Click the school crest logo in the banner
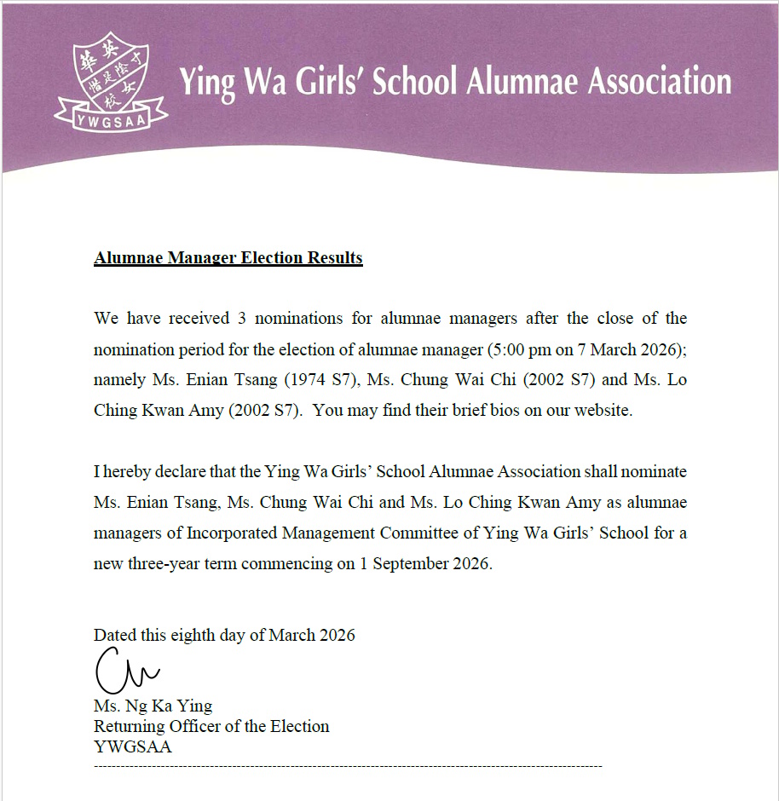110,72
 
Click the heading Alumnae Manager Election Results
228,257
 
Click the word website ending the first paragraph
603,410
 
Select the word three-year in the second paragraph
165,564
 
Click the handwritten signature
126,672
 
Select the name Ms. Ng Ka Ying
153,706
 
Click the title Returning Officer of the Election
211,726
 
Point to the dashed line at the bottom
348,767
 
